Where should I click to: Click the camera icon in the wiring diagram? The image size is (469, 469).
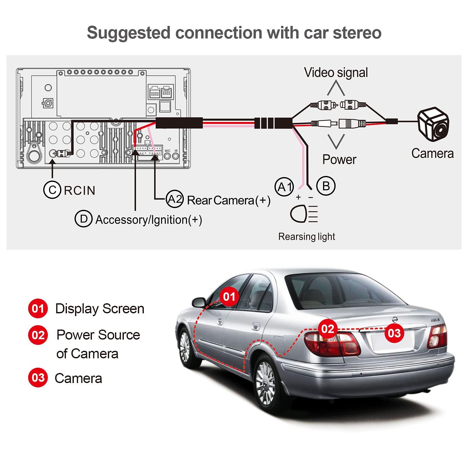[434, 125]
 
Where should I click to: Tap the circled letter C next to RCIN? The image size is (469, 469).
[52, 190]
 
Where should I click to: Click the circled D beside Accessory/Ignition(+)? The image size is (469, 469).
[83, 219]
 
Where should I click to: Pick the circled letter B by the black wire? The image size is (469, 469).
[326, 186]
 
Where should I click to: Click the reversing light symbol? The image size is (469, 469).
[304, 214]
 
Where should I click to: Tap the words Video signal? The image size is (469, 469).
[336, 73]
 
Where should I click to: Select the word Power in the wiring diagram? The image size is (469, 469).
[339, 159]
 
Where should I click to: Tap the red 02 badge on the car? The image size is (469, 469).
[328, 329]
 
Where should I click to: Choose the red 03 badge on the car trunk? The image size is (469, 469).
[394, 333]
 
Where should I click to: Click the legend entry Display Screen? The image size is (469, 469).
[99, 309]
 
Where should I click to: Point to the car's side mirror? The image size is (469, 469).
[199, 302]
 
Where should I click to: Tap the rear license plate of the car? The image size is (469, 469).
[389, 343]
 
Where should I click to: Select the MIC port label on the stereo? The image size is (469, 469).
[167, 151]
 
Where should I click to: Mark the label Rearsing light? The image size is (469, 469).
[306, 237]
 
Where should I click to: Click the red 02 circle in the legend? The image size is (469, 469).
[38, 335]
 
